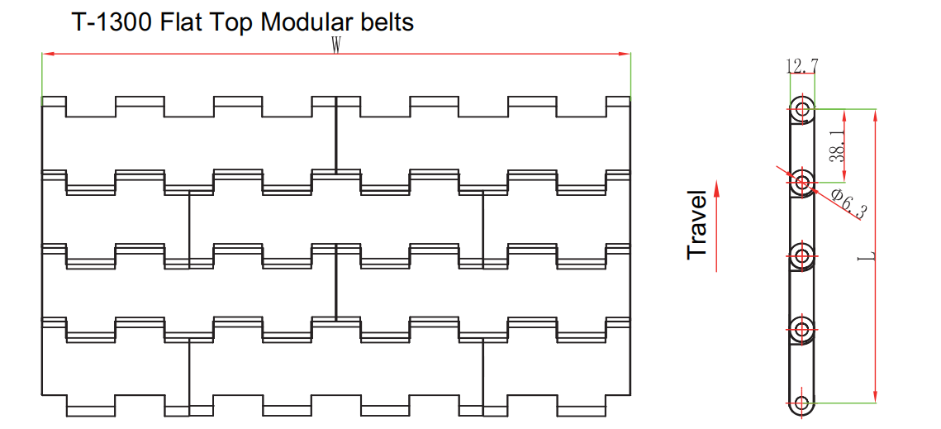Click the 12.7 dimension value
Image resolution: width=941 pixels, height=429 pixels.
pyautogui.click(x=802, y=65)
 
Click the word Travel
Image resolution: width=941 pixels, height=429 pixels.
pyautogui.click(x=698, y=225)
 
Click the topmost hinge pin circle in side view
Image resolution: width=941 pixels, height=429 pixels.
pyautogui.click(x=801, y=108)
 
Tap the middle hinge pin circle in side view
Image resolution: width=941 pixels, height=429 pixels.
pyautogui.click(x=801, y=254)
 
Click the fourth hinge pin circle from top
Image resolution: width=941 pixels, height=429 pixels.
pyautogui.click(x=801, y=328)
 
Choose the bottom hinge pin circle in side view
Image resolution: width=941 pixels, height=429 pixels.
pyautogui.click(x=801, y=403)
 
